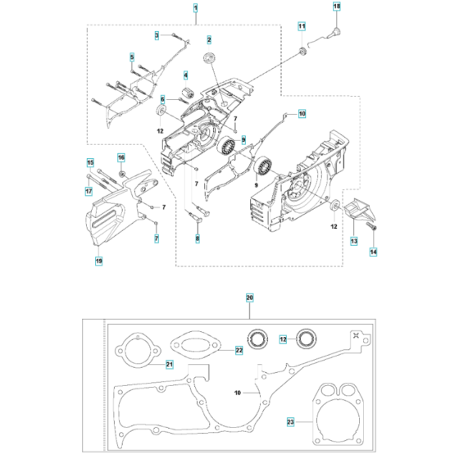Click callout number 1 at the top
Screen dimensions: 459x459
coord(173,8)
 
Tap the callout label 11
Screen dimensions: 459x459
coord(301,28)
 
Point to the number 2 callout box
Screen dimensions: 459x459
coord(209,39)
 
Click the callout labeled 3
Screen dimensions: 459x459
coord(157,34)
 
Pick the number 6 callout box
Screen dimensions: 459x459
coord(162,99)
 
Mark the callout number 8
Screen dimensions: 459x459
coord(197,239)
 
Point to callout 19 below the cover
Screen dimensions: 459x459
coord(98,261)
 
